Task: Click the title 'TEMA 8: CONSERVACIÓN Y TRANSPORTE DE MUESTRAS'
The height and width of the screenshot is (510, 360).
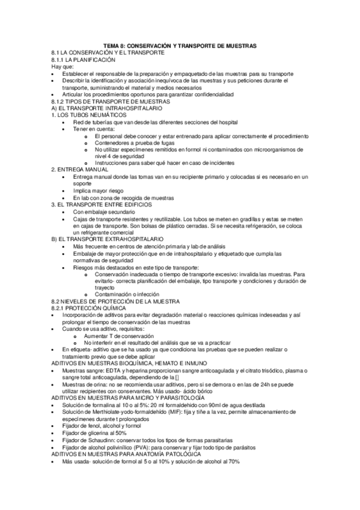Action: (180, 46)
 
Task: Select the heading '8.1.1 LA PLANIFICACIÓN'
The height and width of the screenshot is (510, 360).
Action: (83, 60)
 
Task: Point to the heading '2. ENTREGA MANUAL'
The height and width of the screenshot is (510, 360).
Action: (76, 170)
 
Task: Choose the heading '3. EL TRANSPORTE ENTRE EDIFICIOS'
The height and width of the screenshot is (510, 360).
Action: (99, 204)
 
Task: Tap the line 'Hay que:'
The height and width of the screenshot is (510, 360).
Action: (61, 67)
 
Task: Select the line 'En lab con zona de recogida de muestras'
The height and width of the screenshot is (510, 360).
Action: (123, 198)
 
